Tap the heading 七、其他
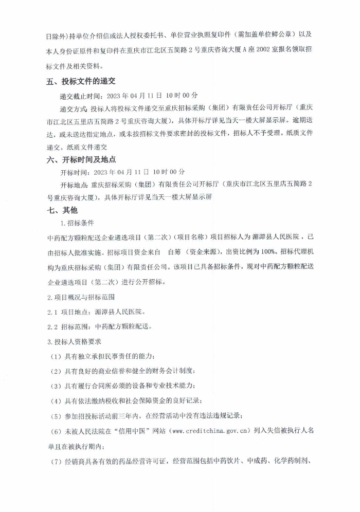coord(62,210)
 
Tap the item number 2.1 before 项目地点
coord(53,312)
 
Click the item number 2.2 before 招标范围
coord(53,326)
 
